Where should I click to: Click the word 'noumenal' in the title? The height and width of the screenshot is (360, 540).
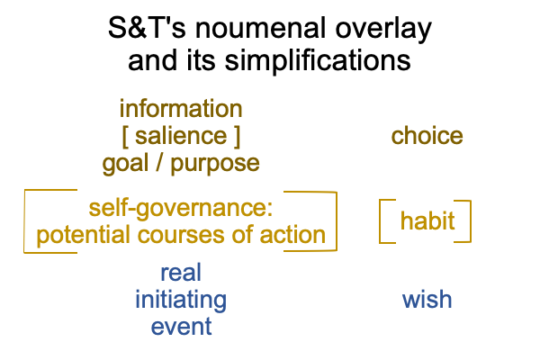click(x=261, y=28)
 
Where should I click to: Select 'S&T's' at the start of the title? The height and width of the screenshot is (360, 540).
click(x=147, y=28)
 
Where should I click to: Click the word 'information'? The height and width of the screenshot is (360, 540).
click(x=181, y=109)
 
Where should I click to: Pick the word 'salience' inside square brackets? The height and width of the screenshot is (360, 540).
click(x=181, y=136)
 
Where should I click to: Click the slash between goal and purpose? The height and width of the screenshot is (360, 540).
click(x=158, y=163)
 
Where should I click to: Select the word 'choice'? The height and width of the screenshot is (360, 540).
click(x=427, y=136)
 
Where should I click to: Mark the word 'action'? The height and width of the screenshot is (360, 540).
click(x=292, y=235)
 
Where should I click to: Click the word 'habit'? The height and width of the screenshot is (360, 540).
click(x=427, y=220)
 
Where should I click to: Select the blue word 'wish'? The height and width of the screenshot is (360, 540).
click(x=427, y=299)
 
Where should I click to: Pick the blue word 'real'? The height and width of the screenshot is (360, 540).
click(x=181, y=273)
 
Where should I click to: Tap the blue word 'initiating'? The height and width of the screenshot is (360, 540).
click(x=181, y=301)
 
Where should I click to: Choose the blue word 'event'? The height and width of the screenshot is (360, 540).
click(x=181, y=327)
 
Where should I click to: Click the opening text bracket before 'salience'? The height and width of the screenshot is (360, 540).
click(x=125, y=137)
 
